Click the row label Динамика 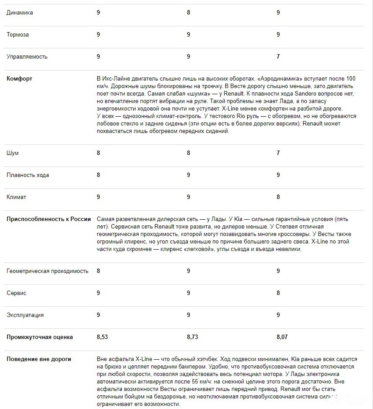(19, 13)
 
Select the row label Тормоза (18, 35)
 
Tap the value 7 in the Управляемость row (278, 57)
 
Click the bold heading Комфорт (19, 79)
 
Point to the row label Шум (12, 153)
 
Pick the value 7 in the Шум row (278, 153)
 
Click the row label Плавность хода (28, 175)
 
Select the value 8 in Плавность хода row (98, 175)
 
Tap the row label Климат (16, 197)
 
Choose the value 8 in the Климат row (278, 197)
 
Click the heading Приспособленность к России (48, 219)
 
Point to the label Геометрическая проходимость (47, 271)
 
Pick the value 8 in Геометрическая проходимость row (98, 271)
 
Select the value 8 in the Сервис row (278, 293)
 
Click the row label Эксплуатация (25, 315)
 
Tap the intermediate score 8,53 (103, 337)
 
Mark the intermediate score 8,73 (193, 337)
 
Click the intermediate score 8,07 (283, 337)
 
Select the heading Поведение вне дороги (39, 359)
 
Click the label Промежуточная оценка (40, 337)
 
